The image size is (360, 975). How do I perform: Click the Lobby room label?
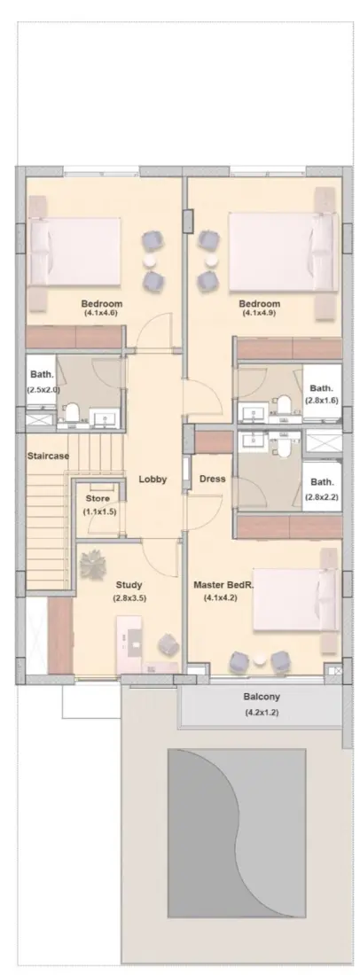click(x=153, y=479)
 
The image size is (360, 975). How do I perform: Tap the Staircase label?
click(x=47, y=456)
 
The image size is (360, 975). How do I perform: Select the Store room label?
click(x=98, y=499)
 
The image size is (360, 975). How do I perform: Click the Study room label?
click(x=129, y=585)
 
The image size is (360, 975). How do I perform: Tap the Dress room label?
click(x=213, y=479)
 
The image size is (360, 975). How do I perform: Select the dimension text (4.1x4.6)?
click(x=103, y=314)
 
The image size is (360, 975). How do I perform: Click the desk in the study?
click(x=133, y=644)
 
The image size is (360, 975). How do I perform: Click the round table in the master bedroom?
click(x=258, y=659)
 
